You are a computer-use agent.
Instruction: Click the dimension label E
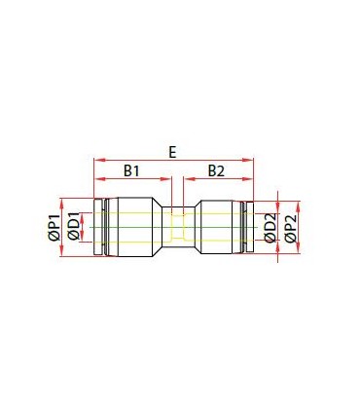click(x=172, y=152)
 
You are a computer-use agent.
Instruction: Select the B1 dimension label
click(x=131, y=170)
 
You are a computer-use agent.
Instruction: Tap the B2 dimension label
click(x=216, y=170)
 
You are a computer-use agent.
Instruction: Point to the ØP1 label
click(x=54, y=227)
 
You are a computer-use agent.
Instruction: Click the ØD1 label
click(x=74, y=226)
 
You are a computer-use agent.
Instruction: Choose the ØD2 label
click(x=270, y=228)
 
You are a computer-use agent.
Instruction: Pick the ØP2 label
click(x=291, y=228)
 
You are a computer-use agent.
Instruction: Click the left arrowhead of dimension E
click(x=98, y=160)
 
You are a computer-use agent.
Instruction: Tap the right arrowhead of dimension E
click(x=248, y=160)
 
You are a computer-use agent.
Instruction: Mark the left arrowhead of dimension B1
click(x=98, y=178)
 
